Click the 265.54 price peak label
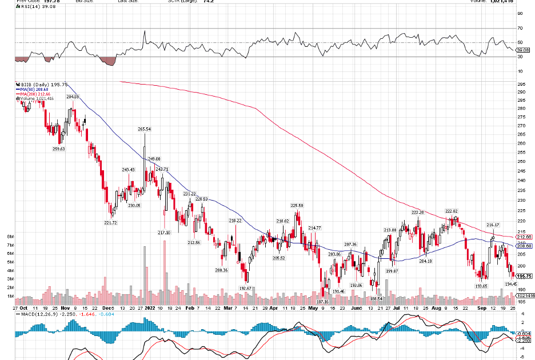pos(144,130)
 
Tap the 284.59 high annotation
pos(73,97)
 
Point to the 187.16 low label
pos(322,301)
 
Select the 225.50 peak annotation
pos(297,205)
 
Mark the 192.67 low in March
pos(246,289)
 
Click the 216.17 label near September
pos(493,225)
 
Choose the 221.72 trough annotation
pos(110,223)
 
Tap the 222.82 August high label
pos(452,211)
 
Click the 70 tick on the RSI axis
pos(520,28)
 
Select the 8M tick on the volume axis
pos(10,236)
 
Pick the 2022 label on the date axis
pos(149,307)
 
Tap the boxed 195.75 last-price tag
pos(525,275)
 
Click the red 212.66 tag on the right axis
pos(525,237)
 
